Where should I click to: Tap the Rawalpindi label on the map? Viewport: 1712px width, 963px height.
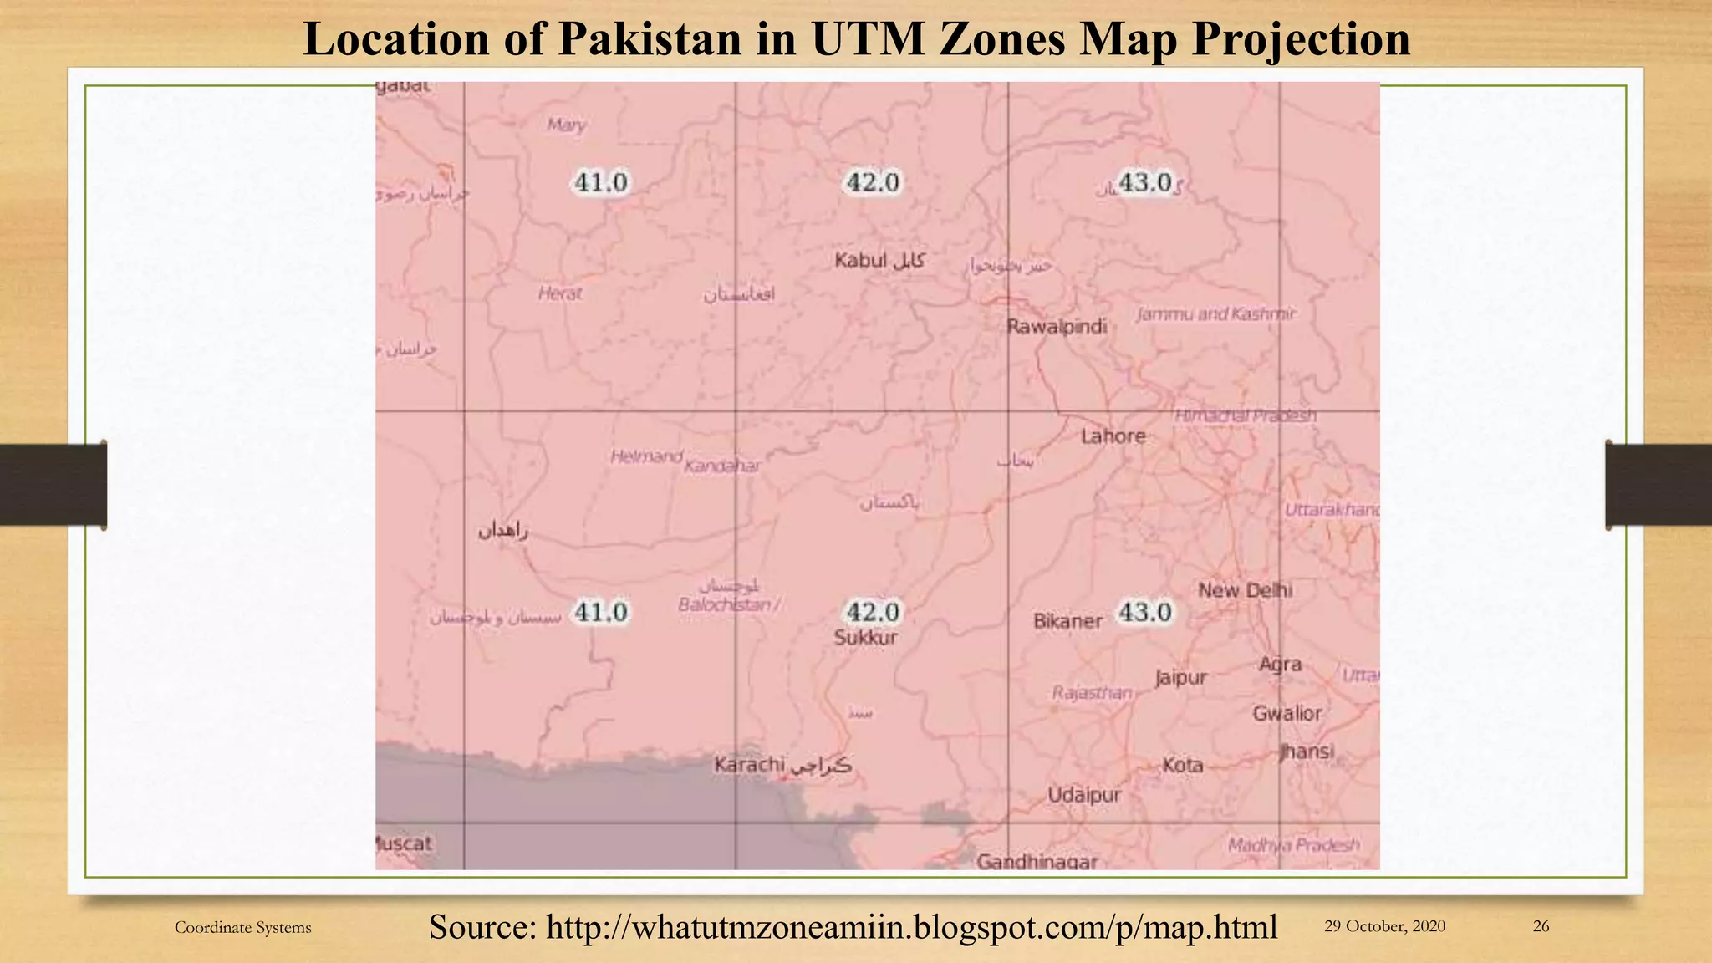1057,327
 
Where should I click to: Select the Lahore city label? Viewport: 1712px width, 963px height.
1113,436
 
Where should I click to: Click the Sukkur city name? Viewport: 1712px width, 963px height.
866,638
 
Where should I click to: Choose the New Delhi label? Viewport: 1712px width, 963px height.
1245,590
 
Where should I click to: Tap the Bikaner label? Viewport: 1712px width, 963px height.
1067,622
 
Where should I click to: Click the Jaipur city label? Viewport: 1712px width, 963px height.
1181,677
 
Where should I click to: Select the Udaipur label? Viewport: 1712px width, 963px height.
1084,795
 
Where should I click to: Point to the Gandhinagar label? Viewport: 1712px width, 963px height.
1037,861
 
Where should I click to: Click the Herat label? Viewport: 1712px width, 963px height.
560,293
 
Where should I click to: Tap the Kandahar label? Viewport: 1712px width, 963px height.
722,466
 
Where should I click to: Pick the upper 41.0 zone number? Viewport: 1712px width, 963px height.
600,182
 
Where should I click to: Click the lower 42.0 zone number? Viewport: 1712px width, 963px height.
873,612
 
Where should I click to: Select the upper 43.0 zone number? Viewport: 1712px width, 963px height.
1144,182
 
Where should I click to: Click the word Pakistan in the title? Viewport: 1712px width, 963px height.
650,39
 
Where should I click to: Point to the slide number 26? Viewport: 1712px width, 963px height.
1541,926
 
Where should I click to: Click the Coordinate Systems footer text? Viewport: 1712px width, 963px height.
242,927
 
